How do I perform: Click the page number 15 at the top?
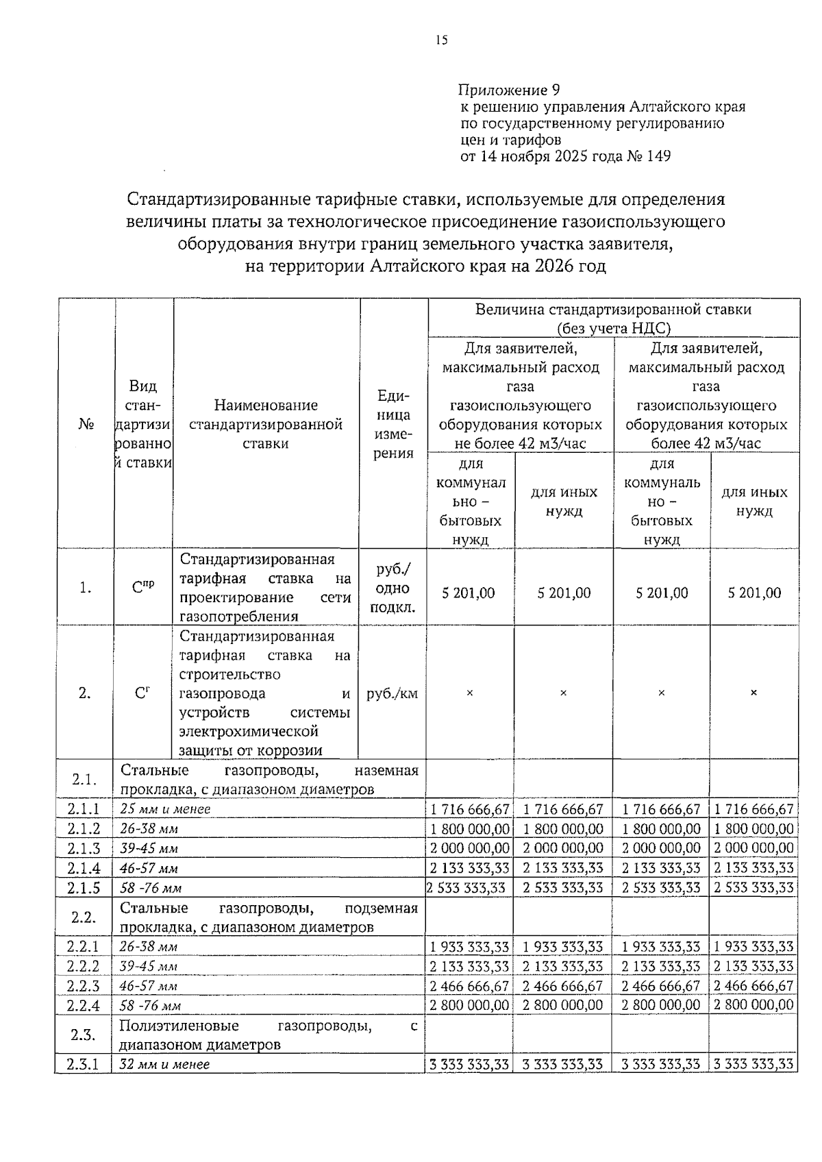[x=441, y=40]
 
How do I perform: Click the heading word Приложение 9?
[x=509, y=90]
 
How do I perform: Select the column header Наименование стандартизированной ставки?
[x=266, y=424]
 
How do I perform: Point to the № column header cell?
[x=86, y=424]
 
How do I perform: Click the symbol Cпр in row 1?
[x=143, y=587]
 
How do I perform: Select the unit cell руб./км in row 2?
[x=393, y=693]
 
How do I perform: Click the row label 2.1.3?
[x=84, y=848]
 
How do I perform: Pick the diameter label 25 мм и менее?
[x=165, y=809]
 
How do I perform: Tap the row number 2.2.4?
[x=84, y=1006]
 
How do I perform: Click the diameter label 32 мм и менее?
[x=164, y=1065]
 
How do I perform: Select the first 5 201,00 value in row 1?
[x=469, y=593]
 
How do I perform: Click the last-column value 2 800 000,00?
[x=754, y=1005]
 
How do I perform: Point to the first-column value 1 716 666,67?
[x=470, y=809]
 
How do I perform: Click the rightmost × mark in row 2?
[x=754, y=693]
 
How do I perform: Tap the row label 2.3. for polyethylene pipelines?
[x=84, y=1035]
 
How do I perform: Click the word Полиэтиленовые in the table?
[x=179, y=1026]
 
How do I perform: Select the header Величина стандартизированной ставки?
[x=613, y=310]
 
